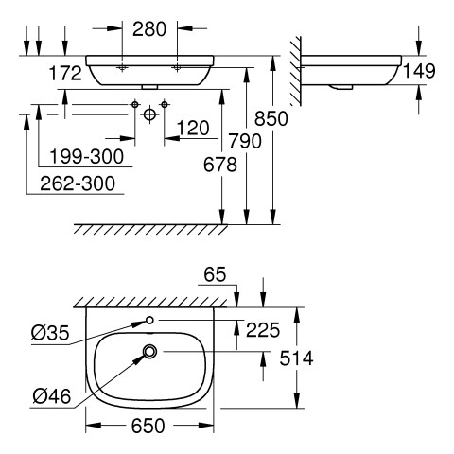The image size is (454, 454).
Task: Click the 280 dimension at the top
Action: (x=149, y=29)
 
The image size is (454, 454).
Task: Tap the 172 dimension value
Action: (x=65, y=74)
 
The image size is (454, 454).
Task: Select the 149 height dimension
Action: (x=419, y=71)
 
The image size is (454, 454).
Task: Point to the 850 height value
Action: (x=271, y=119)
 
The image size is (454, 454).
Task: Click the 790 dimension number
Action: (x=245, y=141)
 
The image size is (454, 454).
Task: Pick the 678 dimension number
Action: (x=219, y=165)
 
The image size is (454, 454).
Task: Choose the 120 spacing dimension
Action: (x=193, y=128)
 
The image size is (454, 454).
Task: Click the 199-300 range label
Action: (x=87, y=156)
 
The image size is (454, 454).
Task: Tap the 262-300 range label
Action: (x=78, y=183)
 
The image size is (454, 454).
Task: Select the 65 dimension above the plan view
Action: (x=215, y=274)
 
